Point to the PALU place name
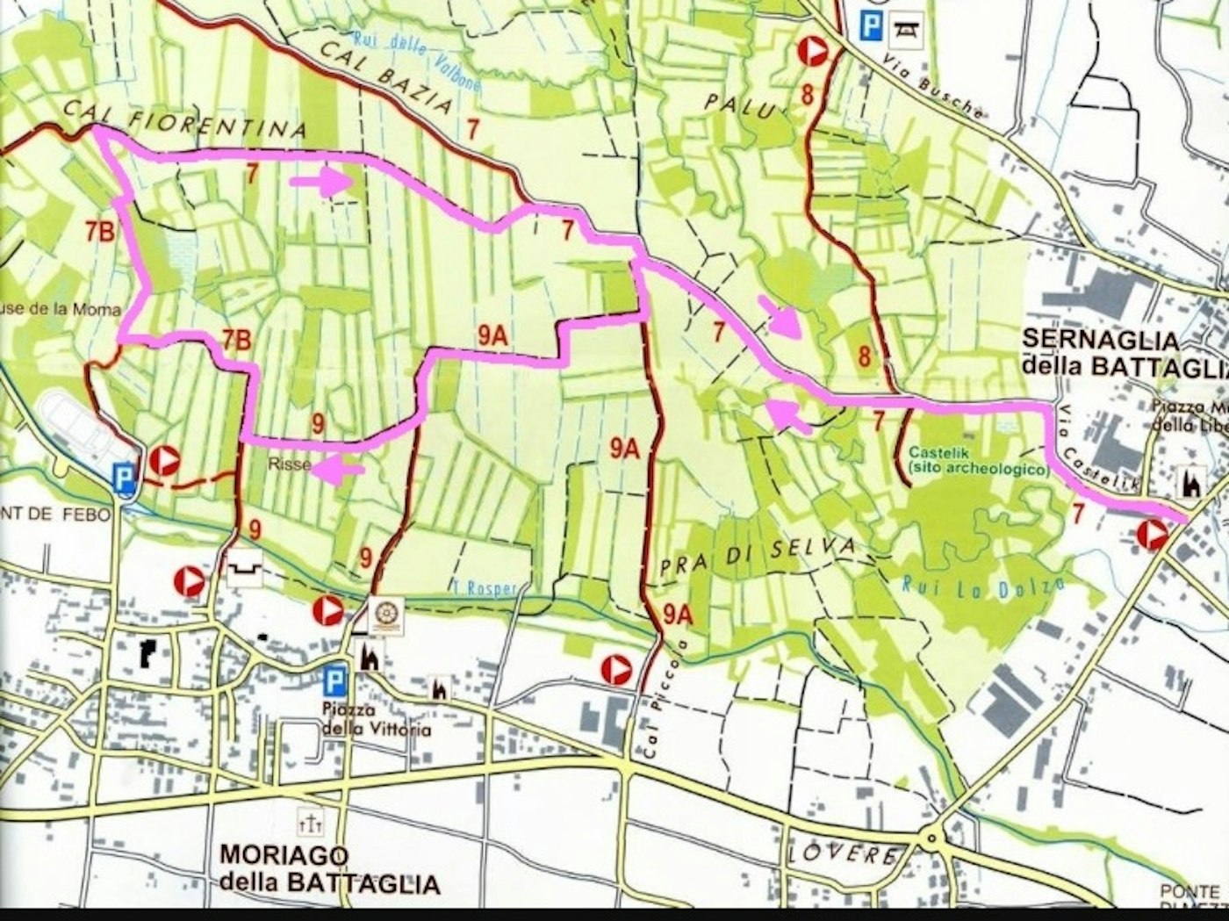[740, 106]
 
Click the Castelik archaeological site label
[979, 461]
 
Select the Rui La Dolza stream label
[983, 586]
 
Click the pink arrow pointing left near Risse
[339, 471]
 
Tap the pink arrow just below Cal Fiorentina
[320, 183]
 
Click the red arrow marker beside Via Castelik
[1152, 534]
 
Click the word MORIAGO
[284, 854]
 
